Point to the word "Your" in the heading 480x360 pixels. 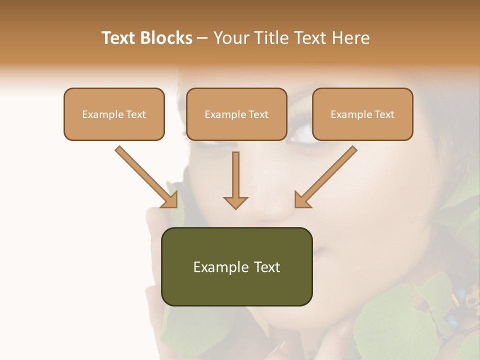[231, 38]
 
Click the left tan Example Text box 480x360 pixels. [114, 114]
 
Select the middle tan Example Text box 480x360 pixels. [236, 114]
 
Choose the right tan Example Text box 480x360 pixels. [362, 114]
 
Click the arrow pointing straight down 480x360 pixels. [235, 177]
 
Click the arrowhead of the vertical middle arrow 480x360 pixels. [235, 202]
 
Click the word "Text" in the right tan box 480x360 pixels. [384, 114]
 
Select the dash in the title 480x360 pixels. [202, 38]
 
